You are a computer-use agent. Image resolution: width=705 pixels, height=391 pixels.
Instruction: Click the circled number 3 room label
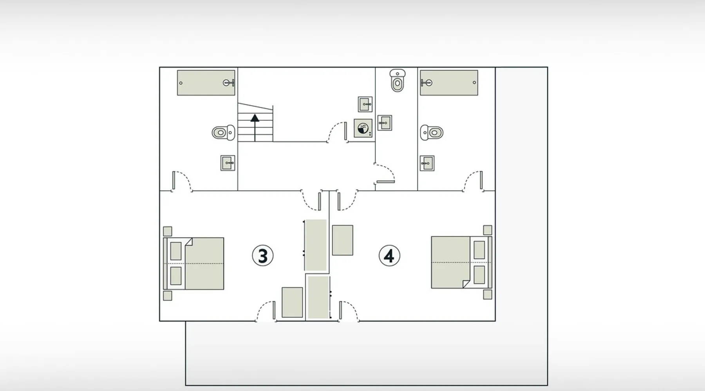click(x=262, y=256)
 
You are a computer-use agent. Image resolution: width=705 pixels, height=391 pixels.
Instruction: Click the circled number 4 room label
click(x=389, y=256)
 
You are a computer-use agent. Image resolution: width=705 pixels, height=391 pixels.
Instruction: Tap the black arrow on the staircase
click(x=255, y=127)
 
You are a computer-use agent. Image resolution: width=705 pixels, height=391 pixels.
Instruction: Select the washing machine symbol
click(x=363, y=128)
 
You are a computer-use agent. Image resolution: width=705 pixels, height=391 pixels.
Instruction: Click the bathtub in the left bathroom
click(x=206, y=83)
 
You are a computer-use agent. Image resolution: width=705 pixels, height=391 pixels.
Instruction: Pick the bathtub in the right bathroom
click(x=449, y=83)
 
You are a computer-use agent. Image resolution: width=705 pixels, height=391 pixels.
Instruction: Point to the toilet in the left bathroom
click(x=223, y=133)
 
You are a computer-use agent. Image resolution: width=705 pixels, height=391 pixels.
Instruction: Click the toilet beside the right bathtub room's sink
click(x=432, y=133)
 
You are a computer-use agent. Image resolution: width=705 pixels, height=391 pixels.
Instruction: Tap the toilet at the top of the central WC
click(x=398, y=81)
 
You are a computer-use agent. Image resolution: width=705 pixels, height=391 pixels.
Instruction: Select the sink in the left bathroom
click(x=228, y=163)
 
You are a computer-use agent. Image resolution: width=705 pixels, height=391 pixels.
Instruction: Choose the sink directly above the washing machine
click(x=365, y=104)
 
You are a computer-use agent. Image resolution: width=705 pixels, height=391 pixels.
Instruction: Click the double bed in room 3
click(x=193, y=264)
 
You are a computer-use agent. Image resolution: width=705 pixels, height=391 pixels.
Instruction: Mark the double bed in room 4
click(x=461, y=262)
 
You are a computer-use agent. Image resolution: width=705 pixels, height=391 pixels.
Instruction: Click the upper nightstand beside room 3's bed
click(x=167, y=231)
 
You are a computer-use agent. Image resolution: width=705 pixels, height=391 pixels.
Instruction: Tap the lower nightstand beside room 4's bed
click(x=488, y=294)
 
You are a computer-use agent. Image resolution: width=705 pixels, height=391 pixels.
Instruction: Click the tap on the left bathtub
click(x=229, y=83)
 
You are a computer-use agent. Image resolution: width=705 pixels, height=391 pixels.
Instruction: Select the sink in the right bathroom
click(x=427, y=163)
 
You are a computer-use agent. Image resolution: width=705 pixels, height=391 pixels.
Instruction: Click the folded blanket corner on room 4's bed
click(x=466, y=284)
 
